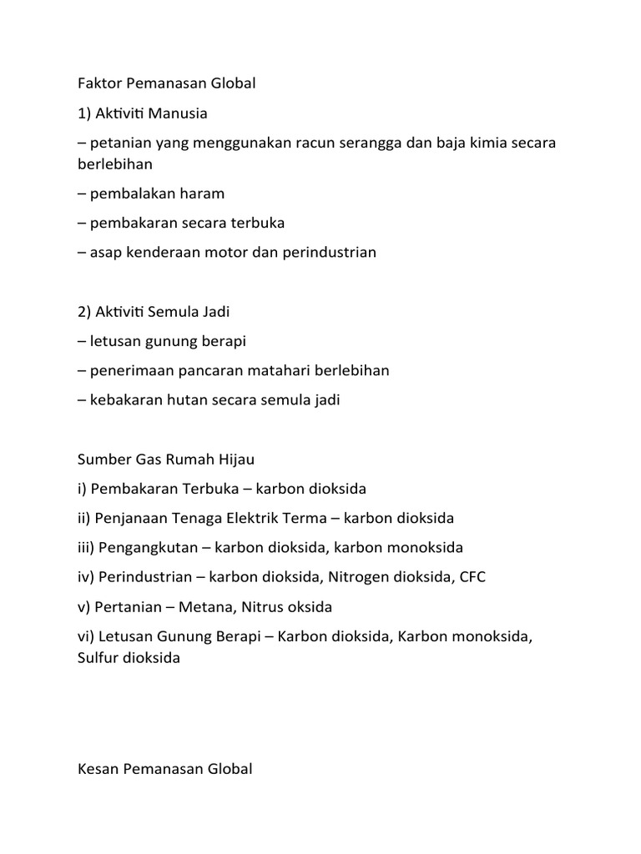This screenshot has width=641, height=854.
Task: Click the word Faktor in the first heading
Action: [x=98, y=83]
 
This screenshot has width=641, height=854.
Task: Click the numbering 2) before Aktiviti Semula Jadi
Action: [x=86, y=312]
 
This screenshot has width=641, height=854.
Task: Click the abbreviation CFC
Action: [x=473, y=577]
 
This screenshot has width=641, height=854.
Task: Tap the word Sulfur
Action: [x=98, y=658]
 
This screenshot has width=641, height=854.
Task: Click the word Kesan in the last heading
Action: [x=97, y=769]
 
